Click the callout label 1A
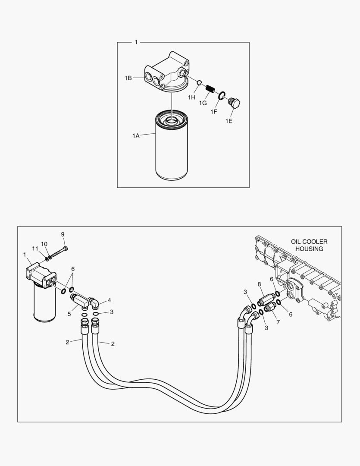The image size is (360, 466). click(136, 136)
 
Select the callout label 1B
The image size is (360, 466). click(128, 78)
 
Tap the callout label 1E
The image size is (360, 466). click(229, 121)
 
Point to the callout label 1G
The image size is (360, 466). click(203, 104)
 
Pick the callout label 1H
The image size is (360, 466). click(191, 98)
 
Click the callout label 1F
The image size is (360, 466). click(213, 112)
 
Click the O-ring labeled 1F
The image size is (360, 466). click(222, 95)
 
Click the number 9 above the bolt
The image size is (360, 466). click(63, 234)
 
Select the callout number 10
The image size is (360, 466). click(44, 244)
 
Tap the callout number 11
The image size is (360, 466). click(35, 249)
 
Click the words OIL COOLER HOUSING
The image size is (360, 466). click(309, 245)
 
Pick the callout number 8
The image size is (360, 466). click(259, 284)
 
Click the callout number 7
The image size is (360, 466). click(278, 322)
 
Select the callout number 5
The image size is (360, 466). click(69, 314)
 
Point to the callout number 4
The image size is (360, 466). click(110, 300)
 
